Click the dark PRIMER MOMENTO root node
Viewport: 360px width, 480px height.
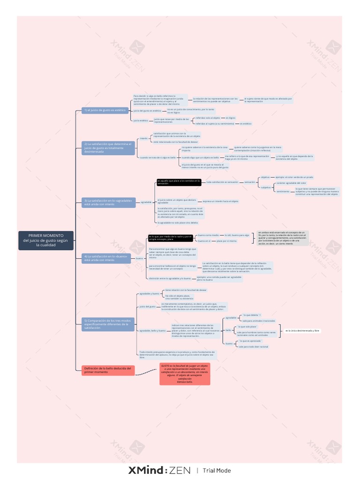tap(45, 240)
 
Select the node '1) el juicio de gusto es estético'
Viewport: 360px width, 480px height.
tap(98, 110)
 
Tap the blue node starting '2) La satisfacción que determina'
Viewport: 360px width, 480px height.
tap(105, 148)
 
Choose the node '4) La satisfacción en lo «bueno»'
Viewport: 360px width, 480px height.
tap(105, 258)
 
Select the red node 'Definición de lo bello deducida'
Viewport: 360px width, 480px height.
tap(108, 370)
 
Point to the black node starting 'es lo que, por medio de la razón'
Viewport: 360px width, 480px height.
tap(170, 238)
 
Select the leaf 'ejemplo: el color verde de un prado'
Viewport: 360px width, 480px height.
tap(294, 177)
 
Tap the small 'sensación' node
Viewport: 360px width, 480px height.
tap(250, 182)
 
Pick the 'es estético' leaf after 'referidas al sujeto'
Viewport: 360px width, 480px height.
tap(246, 124)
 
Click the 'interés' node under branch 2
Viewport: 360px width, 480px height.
tap(144, 138)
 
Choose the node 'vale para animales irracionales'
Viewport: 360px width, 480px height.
tap(258, 321)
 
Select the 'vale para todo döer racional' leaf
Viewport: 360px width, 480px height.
tap(253, 346)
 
